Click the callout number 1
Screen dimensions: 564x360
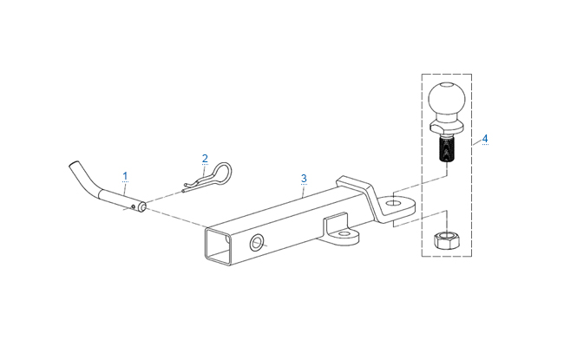coord(125,176)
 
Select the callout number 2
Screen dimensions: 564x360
coord(205,158)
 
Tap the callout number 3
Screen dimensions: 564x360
coord(304,179)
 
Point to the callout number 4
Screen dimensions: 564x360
coord(485,139)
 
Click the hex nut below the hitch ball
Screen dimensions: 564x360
coord(446,240)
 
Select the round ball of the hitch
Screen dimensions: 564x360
coord(447,99)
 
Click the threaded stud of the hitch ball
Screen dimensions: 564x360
coord(446,149)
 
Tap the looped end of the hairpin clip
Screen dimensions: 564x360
coord(222,171)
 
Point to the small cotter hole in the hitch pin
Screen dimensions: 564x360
coord(134,206)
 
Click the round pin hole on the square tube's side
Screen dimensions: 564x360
coord(257,243)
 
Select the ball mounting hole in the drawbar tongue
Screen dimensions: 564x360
coord(394,203)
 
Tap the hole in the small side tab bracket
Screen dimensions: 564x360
coord(344,234)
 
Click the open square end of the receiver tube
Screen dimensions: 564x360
coord(217,245)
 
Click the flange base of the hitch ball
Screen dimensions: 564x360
coord(447,126)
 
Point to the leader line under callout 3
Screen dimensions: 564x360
coord(304,192)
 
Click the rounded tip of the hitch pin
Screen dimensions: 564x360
coord(142,206)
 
